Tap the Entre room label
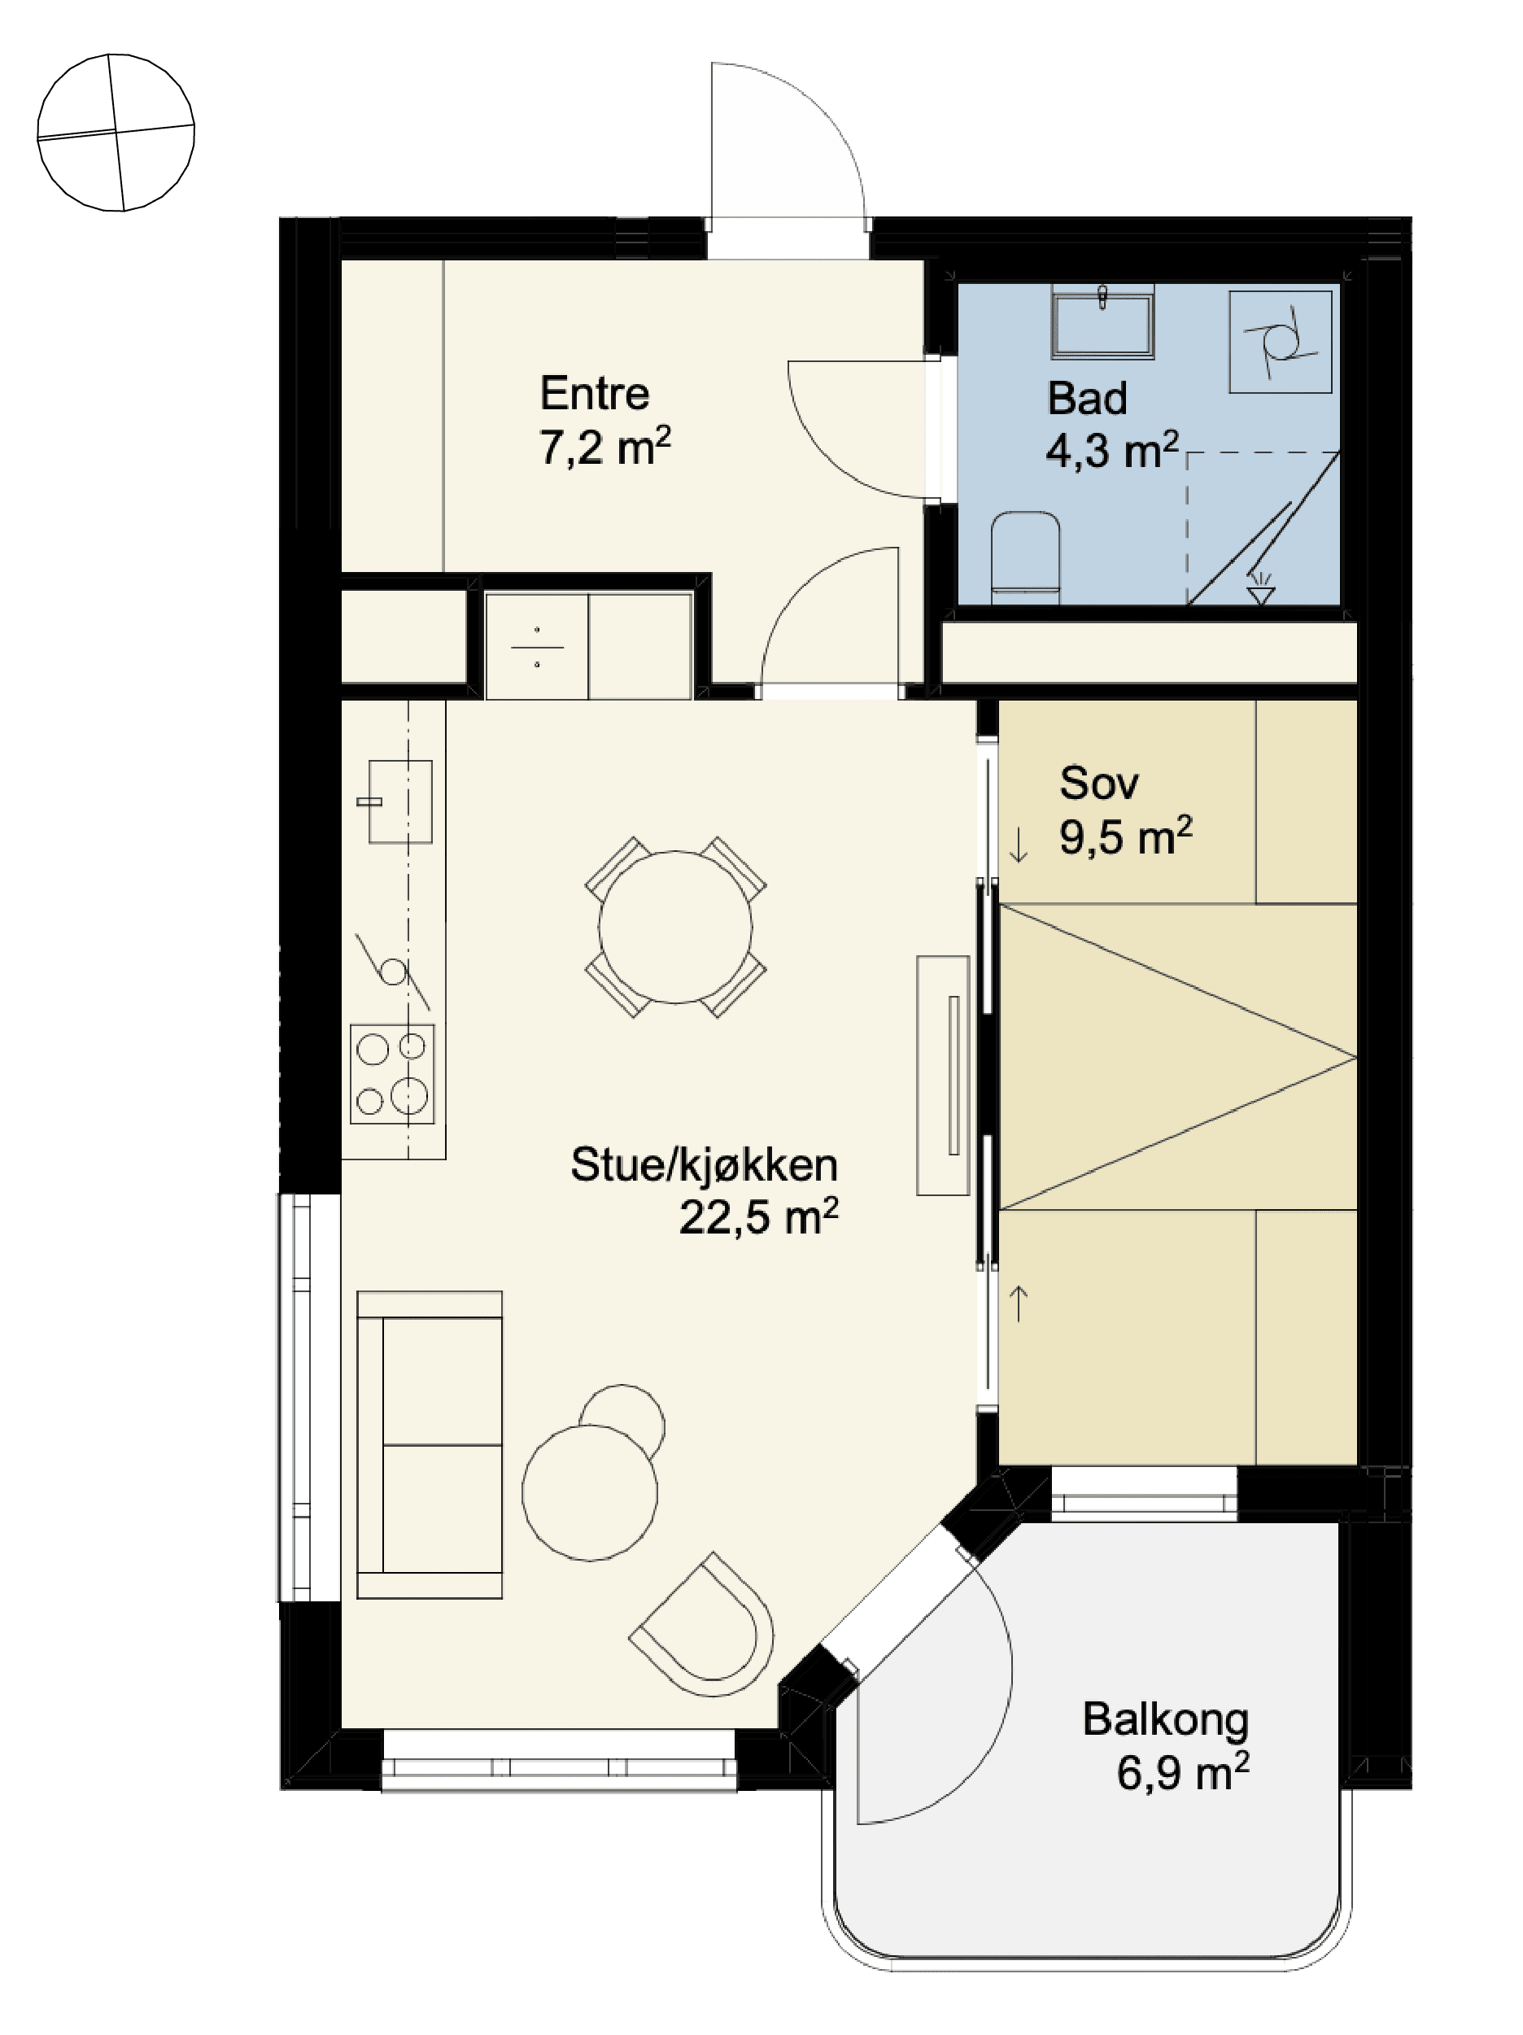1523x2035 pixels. point(594,394)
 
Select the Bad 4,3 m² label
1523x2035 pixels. point(1112,425)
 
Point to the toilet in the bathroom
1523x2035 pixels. point(1025,558)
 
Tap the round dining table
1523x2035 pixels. point(675,927)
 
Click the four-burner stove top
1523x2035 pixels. point(392,1073)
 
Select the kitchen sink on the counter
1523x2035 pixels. point(399,801)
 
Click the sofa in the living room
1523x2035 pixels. point(430,1444)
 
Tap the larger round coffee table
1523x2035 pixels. point(590,1492)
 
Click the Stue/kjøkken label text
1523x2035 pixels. point(704,1164)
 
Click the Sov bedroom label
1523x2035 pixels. point(1099,783)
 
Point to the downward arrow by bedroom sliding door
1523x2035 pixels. point(1018,845)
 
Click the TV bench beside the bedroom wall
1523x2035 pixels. point(943,1076)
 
